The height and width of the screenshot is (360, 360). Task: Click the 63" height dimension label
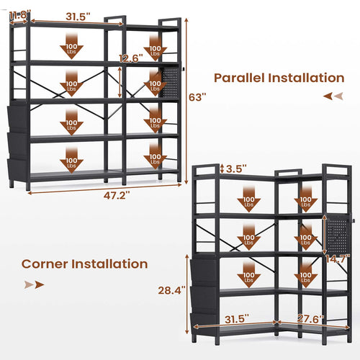click(x=197, y=97)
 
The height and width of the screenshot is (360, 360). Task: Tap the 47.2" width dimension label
click(x=117, y=195)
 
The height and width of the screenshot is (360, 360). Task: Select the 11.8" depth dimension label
click(x=20, y=15)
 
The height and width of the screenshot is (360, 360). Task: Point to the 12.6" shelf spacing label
click(x=131, y=58)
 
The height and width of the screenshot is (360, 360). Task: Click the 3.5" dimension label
click(x=236, y=168)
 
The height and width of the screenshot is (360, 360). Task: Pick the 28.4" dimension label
click(x=171, y=290)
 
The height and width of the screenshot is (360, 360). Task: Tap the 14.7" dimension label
click(x=338, y=258)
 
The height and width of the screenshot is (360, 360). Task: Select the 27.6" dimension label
click(x=311, y=319)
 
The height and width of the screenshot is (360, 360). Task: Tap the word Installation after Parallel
click(x=306, y=78)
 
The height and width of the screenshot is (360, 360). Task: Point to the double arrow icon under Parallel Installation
click(x=333, y=96)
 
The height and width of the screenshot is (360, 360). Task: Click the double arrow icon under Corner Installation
click(x=34, y=285)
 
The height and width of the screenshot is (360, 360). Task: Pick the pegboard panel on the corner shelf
click(x=337, y=234)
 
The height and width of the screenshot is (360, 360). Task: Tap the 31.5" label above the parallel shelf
click(x=78, y=17)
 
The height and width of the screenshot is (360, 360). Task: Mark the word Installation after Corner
click(x=109, y=264)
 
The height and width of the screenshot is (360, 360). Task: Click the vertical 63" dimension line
click(x=186, y=101)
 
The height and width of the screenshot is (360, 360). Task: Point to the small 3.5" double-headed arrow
click(x=222, y=168)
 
